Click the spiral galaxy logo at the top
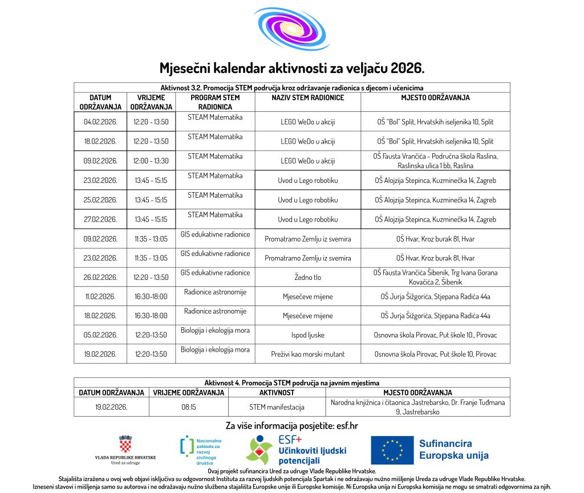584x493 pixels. [x=291, y=30]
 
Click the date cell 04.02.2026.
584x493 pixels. [x=100, y=122]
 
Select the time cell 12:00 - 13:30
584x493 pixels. [x=151, y=161]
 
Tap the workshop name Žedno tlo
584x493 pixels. [x=307, y=278]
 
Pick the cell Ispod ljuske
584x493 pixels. [x=307, y=335]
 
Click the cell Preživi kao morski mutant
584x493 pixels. [x=307, y=354]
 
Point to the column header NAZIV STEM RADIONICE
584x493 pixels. [x=307, y=97]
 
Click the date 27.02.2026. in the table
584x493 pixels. [x=100, y=219]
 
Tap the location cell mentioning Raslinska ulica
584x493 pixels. [x=435, y=161]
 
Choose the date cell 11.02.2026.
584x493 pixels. [x=100, y=297]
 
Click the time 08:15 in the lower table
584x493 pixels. [x=188, y=407]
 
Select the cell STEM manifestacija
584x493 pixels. [x=277, y=407]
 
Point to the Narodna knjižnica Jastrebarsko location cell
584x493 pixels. [x=417, y=407]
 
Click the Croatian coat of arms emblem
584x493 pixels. [x=125, y=445]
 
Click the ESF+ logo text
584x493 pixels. [x=290, y=440]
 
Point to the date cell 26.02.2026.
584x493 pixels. [x=100, y=278]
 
